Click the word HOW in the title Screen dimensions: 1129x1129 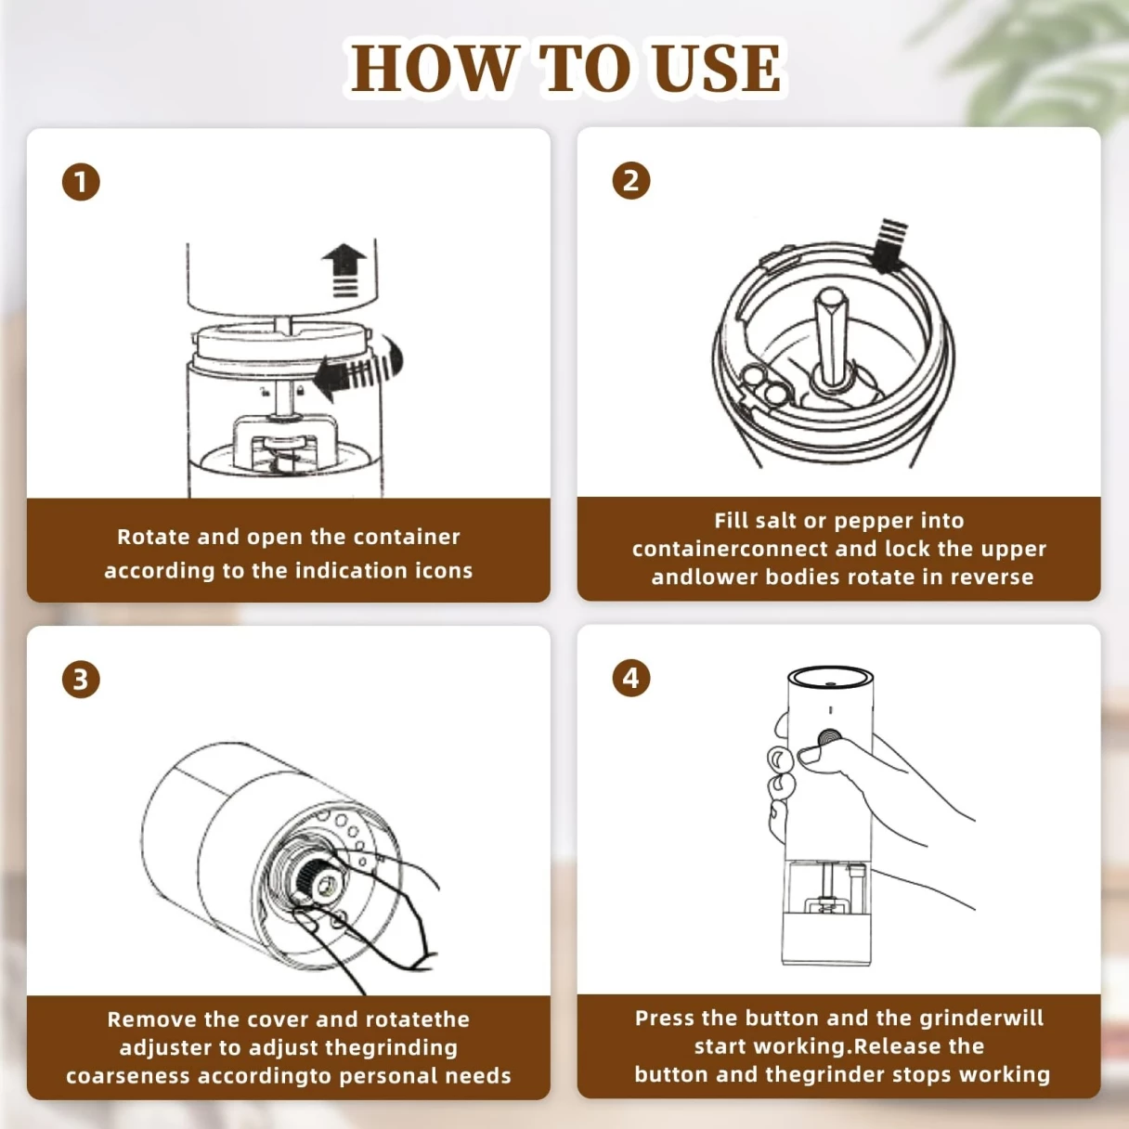coord(434,69)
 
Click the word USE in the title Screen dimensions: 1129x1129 coord(717,69)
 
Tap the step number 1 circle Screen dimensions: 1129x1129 coord(81,182)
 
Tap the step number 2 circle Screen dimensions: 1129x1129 coord(631,180)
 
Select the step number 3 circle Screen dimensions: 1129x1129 coord(81,680)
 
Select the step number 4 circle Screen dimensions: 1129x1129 coord(631,678)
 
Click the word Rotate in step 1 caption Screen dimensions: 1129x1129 coord(153,538)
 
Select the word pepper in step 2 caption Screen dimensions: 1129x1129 coord(871,521)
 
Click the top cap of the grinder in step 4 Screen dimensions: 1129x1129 coord(830,677)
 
